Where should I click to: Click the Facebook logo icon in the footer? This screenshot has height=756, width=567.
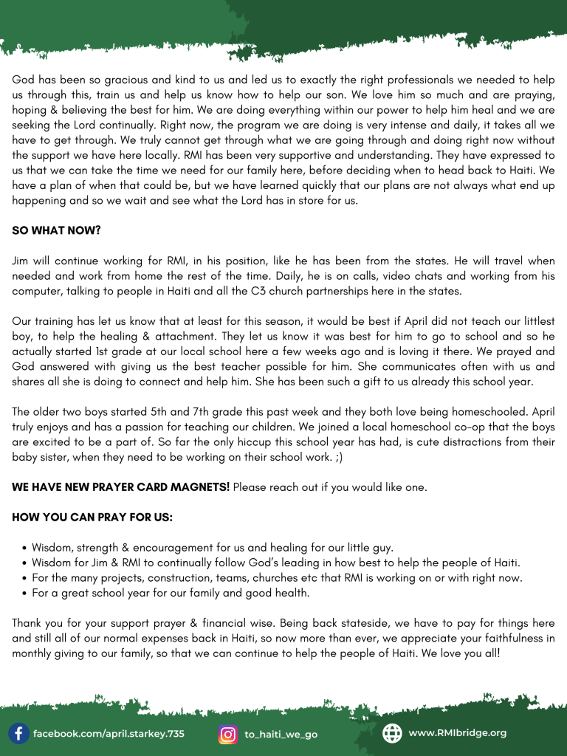(x=19, y=733)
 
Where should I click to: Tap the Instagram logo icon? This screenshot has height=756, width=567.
(x=229, y=734)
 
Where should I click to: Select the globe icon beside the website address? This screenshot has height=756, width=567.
(x=392, y=733)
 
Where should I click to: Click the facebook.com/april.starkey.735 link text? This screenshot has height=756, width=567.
(x=109, y=734)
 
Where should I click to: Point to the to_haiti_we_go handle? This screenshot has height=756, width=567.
(x=281, y=735)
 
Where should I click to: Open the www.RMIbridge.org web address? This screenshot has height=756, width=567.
(x=457, y=733)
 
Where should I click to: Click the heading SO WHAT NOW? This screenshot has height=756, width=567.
(x=56, y=230)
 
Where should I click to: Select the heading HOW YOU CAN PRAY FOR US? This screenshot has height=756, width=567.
(x=92, y=518)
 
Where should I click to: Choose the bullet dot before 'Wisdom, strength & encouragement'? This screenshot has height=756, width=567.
(x=25, y=549)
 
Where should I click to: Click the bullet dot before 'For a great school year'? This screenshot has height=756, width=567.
(x=25, y=593)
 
